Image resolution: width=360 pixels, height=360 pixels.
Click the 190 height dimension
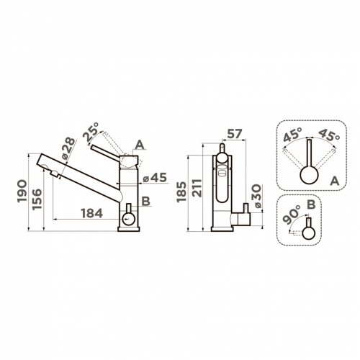coord(22,191)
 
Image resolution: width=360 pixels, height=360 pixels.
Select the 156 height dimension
coord(37,199)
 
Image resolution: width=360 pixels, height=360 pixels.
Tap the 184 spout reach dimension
coord(92,213)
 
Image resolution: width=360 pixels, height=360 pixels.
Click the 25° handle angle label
coord(91,132)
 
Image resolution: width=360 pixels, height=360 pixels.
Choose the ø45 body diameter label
coord(155,178)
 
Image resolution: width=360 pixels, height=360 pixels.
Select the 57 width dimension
coord(235,134)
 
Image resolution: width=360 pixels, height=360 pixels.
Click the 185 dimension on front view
coord(181,192)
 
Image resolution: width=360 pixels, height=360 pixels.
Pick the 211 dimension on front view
coord(197,188)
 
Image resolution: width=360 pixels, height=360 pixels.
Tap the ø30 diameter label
coord(257,196)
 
